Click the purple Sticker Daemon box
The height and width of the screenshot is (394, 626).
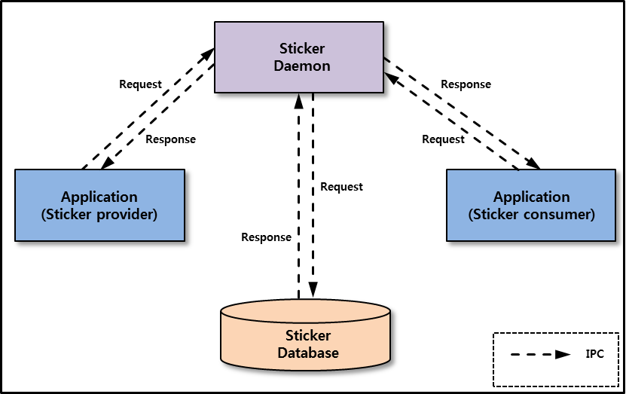(x=301, y=57)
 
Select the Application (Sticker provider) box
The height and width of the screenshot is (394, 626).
(x=99, y=205)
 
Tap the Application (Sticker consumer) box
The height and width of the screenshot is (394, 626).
(x=531, y=205)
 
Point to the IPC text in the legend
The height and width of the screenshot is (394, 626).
(x=594, y=353)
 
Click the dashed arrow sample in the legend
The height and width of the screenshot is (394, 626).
(x=539, y=354)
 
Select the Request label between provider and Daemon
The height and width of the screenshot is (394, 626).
(x=140, y=84)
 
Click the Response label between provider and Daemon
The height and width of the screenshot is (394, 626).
(x=170, y=139)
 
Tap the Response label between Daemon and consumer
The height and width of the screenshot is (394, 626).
(x=466, y=84)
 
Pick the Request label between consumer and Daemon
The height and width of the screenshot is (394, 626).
(x=443, y=139)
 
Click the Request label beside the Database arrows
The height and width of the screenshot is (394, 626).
(x=341, y=186)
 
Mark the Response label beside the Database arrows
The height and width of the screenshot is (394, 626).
(x=266, y=237)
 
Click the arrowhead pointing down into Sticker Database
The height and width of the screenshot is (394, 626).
(x=313, y=291)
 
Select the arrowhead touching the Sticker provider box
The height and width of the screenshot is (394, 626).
(x=107, y=163)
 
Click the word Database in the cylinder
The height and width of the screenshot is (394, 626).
(x=308, y=353)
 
